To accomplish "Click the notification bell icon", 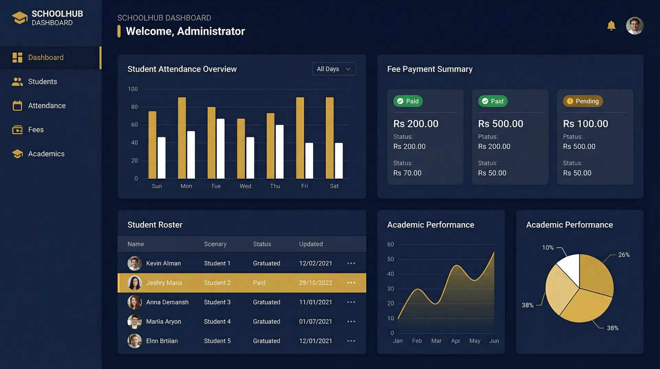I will tap(611, 25).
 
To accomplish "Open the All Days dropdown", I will tap(333, 69).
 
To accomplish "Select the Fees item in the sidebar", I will tap(36, 130).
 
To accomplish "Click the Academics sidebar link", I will tap(46, 154).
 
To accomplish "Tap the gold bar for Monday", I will tap(182, 138).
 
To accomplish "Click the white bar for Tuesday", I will tap(220, 149).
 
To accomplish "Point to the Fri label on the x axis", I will tap(305, 186).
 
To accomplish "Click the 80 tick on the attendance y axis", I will tap(134, 107).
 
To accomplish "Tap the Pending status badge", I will tap(583, 101).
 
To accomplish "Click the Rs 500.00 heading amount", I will tap(500, 124).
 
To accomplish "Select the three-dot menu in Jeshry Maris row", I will tap(351, 283).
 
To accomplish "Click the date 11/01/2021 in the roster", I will tap(315, 302).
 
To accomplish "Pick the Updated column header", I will tap(311, 244).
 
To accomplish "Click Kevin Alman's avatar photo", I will tap(134, 263).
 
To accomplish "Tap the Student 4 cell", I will tap(217, 321).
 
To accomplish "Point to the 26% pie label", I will tap(624, 255).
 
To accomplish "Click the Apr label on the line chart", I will tap(455, 341).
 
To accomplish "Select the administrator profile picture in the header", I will tap(634, 26).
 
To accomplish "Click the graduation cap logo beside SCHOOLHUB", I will tap(20, 18).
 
